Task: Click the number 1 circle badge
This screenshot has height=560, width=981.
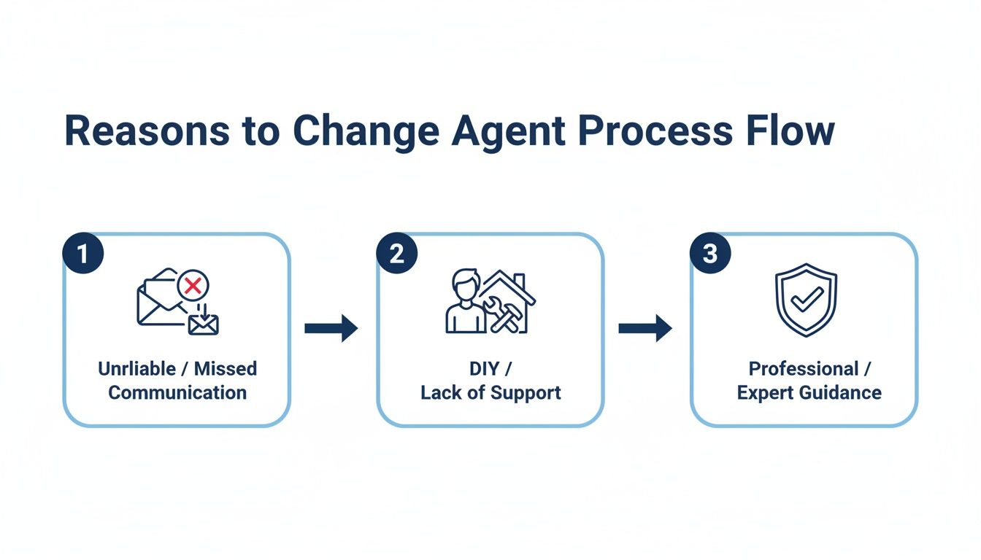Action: click(x=83, y=254)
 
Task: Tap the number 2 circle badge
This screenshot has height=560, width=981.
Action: click(x=396, y=254)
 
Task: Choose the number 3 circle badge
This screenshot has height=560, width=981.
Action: click(x=710, y=254)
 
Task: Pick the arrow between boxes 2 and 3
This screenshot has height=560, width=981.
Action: click(x=645, y=328)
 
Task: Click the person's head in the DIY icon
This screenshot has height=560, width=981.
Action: click(x=464, y=282)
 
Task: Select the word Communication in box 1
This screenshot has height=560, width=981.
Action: click(x=177, y=392)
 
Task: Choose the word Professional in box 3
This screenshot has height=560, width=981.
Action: click(x=804, y=368)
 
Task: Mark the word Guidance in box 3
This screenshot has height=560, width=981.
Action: click(x=840, y=392)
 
